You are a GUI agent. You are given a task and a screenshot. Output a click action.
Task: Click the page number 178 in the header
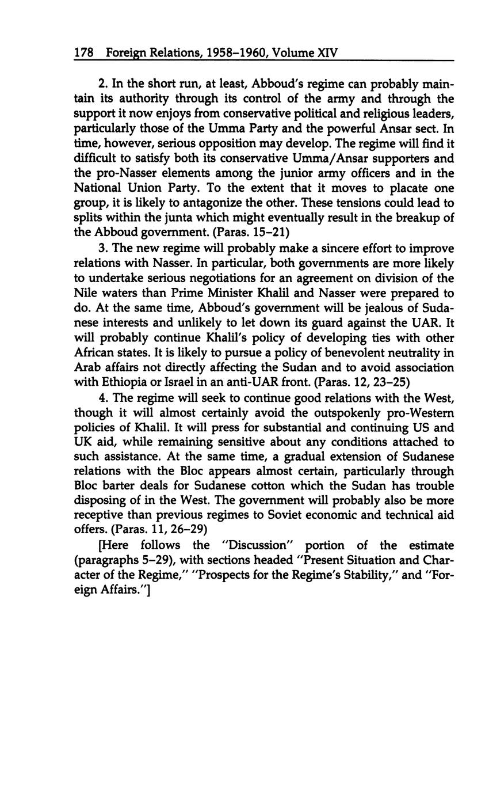pos(83,54)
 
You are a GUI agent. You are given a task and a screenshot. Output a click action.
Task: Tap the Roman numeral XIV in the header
pos(327,54)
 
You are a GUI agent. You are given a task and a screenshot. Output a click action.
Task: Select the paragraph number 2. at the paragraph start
pos(103,84)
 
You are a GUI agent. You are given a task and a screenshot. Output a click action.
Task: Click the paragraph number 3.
pos(103,248)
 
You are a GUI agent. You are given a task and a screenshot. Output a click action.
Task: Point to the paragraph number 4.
pos(103,398)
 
